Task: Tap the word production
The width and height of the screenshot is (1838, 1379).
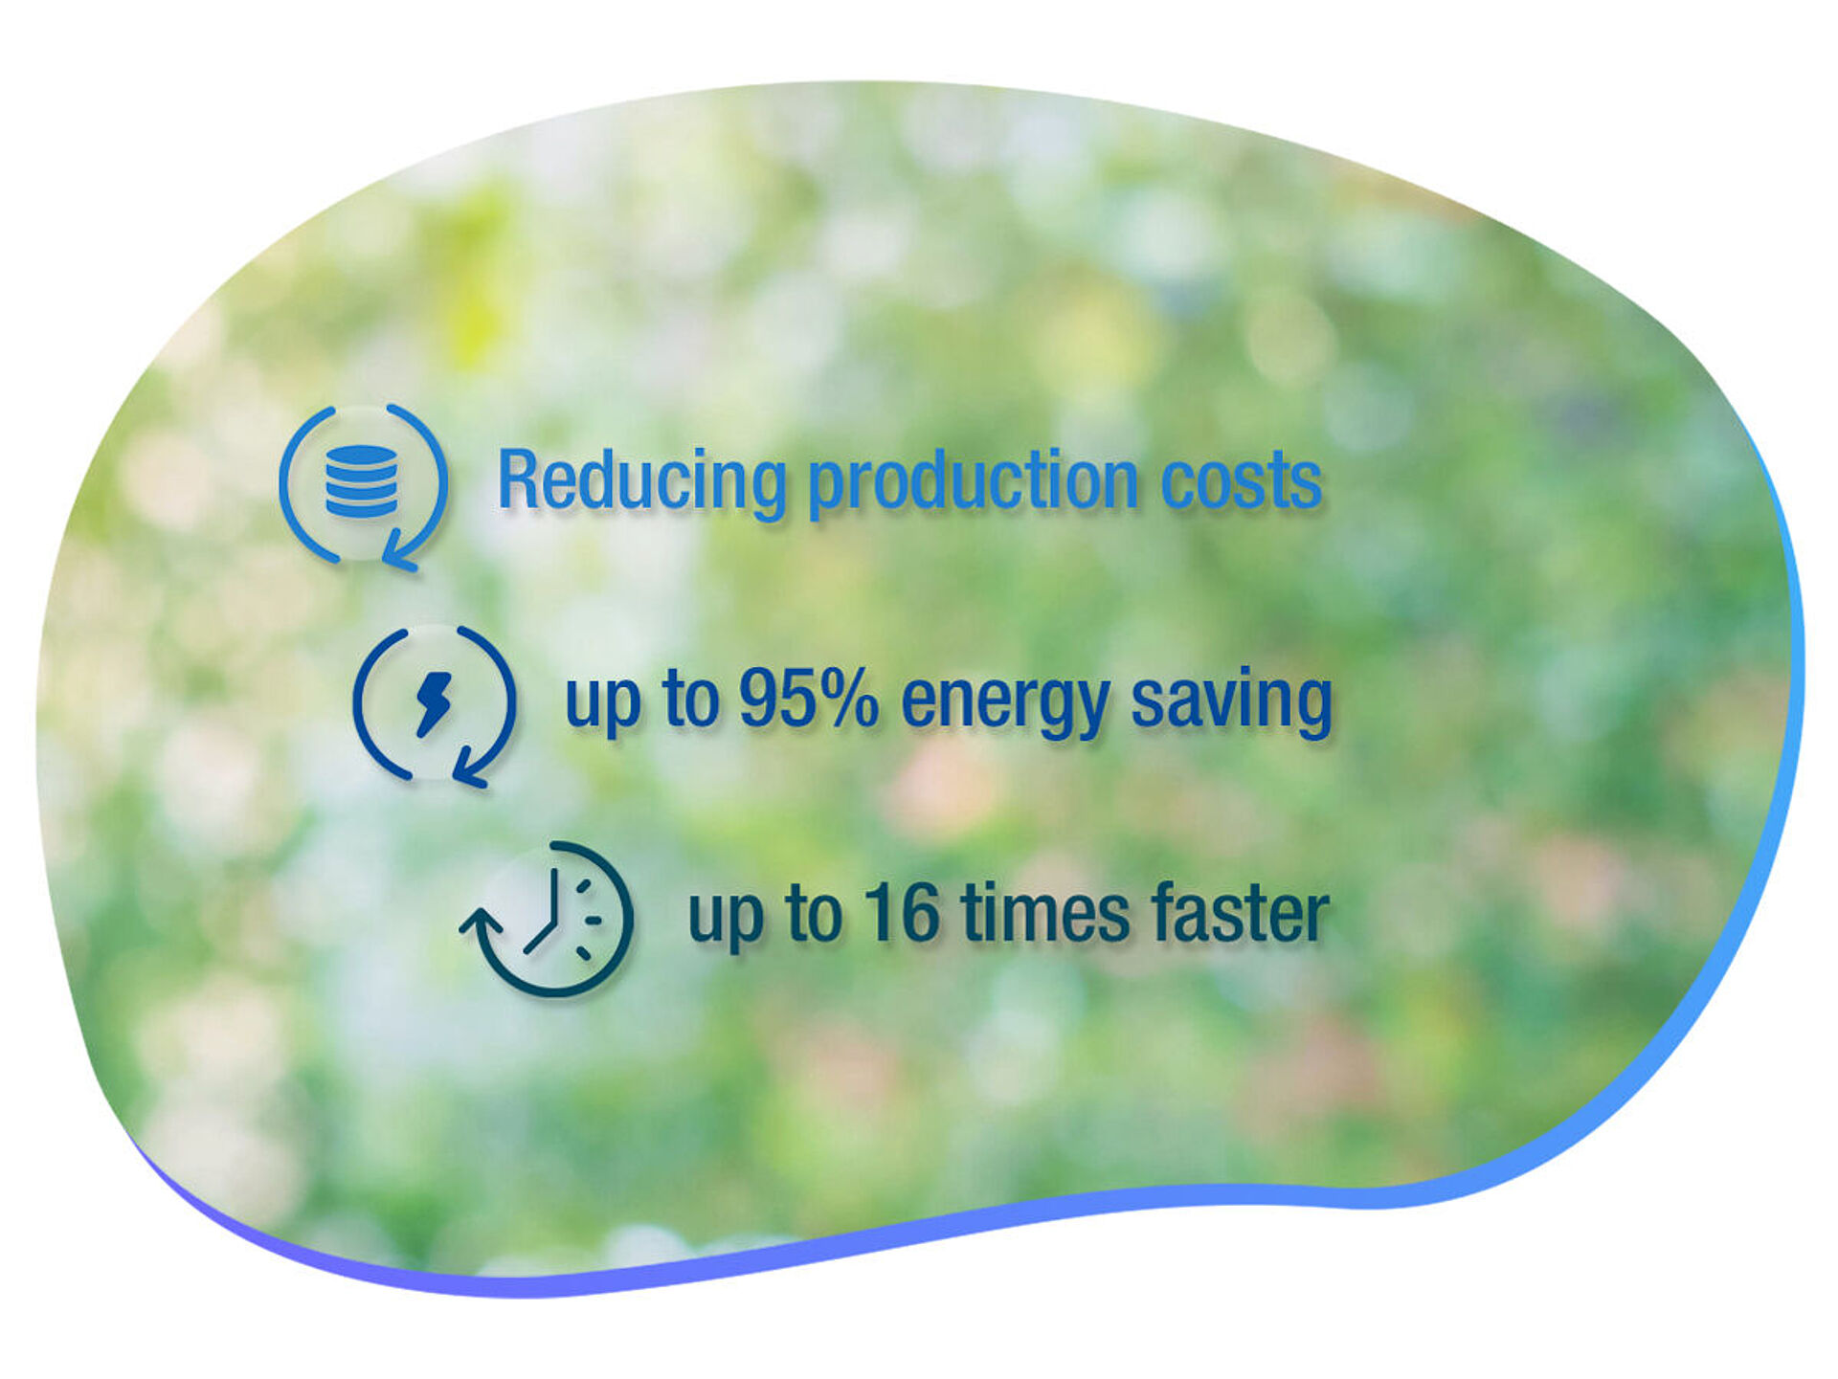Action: pyautogui.click(x=974, y=483)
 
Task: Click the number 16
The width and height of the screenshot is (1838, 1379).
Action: pyautogui.click(x=902, y=914)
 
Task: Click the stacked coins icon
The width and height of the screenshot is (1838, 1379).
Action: pyautogui.click(x=361, y=481)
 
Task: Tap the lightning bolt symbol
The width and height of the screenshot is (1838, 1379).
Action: pyautogui.click(x=434, y=704)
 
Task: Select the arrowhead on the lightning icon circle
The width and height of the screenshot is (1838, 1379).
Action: pyautogui.click(x=469, y=771)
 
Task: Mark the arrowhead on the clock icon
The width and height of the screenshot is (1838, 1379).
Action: pyautogui.click(x=480, y=922)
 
